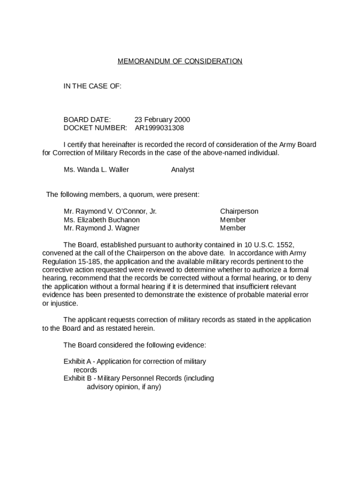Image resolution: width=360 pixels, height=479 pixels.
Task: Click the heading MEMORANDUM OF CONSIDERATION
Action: pos(180,61)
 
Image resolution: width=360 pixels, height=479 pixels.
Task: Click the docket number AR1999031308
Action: pos(159,128)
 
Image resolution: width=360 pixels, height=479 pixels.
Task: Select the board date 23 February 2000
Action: pos(162,120)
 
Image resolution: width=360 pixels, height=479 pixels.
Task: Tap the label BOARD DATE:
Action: pos(87,120)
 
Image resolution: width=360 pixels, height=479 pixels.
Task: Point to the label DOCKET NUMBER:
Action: pos(95,128)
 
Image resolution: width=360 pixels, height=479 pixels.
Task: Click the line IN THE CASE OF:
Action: pos(93,86)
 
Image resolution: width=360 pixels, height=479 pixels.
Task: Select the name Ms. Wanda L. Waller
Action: pos(96,170)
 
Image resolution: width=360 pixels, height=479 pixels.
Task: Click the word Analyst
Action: pos(182,170)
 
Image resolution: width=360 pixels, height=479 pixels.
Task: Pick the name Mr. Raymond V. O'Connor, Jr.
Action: pos(110,211)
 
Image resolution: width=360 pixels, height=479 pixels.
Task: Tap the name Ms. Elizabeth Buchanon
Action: pos(101,220)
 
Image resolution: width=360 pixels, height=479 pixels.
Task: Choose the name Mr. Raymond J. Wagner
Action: pos(101,228)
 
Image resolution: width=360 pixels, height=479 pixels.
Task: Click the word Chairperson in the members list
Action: pos(239,211)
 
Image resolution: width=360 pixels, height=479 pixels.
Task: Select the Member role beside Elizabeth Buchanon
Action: pos(233,220)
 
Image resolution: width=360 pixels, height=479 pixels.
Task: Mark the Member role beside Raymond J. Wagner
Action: pos(233,228)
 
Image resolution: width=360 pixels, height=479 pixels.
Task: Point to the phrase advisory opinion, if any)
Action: pos(124,387)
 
